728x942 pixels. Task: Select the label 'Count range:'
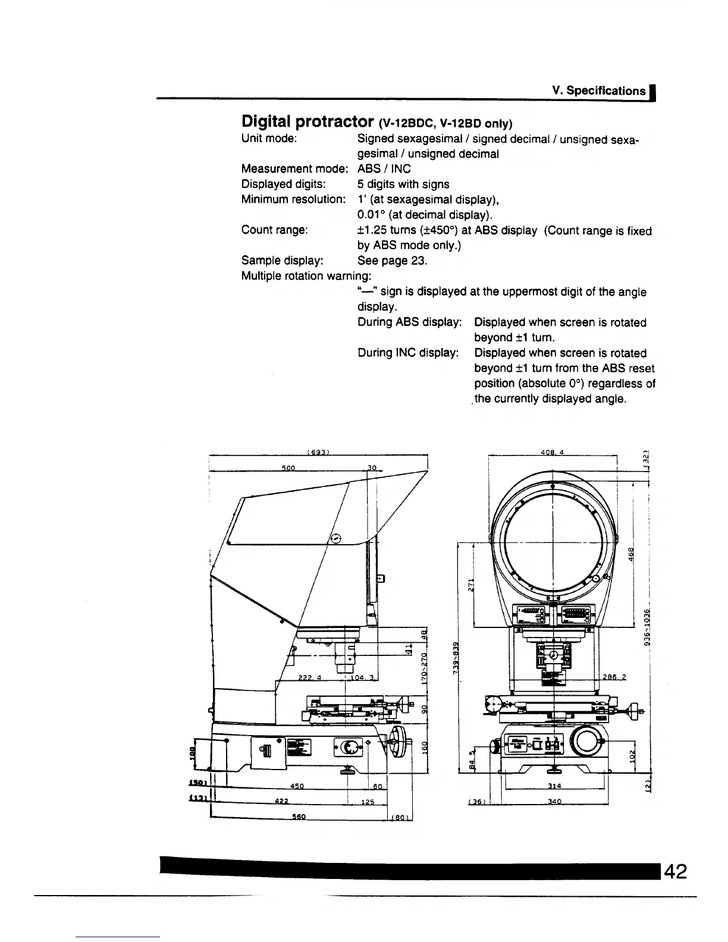click(x=274, y=230)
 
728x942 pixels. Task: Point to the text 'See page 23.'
click(x=392, y=260)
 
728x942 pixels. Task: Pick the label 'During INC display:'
click(x=408, y=353)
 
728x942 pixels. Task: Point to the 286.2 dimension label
click(x=614, y=677)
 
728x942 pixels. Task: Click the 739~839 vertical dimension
click(x=456, y=658)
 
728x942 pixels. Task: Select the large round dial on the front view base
click(x=585, y=742)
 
